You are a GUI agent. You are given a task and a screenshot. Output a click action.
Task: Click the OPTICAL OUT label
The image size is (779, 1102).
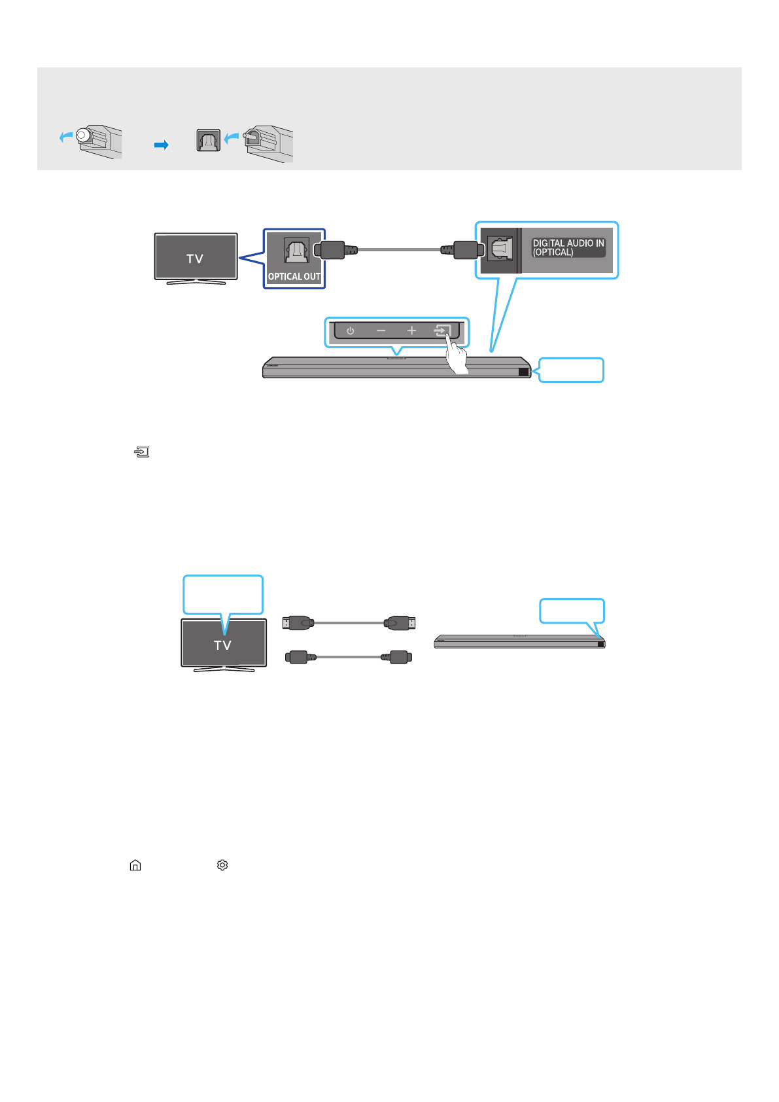pos(294,277)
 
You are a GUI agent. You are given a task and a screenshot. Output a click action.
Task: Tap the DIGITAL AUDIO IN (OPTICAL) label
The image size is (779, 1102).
pos(568,247)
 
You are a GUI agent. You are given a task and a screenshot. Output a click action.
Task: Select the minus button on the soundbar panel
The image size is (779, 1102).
pos(381,331)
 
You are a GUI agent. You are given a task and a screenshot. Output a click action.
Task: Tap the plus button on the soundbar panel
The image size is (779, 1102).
pos(411,331)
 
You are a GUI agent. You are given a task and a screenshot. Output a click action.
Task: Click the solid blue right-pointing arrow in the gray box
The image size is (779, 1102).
pos(162,145)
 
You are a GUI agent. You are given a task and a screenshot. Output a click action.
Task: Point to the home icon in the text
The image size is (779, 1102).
pos(135,865)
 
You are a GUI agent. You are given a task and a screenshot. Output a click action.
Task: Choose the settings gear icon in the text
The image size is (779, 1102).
pos(222,865)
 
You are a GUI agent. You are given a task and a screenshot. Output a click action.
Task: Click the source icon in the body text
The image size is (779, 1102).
pos(142,452)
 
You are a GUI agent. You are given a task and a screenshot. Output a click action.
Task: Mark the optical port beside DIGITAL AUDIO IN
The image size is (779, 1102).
pos(500,249)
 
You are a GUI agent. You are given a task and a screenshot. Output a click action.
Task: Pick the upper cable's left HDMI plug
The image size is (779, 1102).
pos(299,623)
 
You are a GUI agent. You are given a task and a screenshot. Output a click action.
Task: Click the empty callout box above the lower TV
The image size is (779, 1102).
pos(223,594)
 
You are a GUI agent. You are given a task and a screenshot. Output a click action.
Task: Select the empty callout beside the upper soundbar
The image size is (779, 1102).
pos(571,370)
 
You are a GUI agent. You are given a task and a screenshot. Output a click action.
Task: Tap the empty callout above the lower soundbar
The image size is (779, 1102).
pos(572,611)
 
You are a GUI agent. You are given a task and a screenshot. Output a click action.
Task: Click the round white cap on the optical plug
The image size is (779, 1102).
pos(82,135)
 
